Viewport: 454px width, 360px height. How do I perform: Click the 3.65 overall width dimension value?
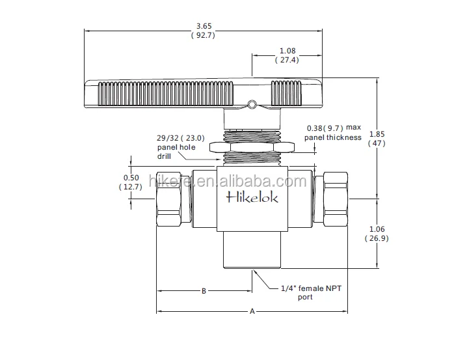click(x=204, y=27)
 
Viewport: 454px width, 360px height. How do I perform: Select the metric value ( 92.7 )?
click(x=204, y=36)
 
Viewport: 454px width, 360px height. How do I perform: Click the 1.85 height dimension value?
click(x=377, y=134)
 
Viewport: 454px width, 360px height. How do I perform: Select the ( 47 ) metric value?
click(x=377, y=144)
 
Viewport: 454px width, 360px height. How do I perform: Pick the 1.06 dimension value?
click(x=377, y=228)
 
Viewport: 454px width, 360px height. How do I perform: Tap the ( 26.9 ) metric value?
click(x=377, y=238)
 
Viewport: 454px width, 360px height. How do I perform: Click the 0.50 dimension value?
click(x=131, y=177)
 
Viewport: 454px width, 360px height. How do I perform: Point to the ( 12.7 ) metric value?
click(x=131, y=187)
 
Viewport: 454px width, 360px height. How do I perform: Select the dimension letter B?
click(x=204, y=291)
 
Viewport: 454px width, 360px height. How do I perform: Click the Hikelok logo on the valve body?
click(x=252, y=198)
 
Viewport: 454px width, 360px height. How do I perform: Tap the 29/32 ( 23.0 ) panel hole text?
click(x=180, y=138)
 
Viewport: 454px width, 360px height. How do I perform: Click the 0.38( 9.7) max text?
click(x=333, y=128)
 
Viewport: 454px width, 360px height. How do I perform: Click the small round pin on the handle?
click(x=252, y=102)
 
